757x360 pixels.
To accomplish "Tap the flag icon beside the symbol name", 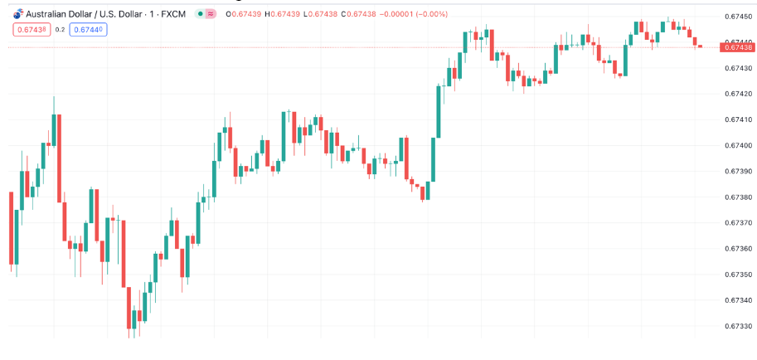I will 18,14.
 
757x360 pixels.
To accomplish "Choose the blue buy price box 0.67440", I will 89,29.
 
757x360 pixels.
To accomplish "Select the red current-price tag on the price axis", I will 737,47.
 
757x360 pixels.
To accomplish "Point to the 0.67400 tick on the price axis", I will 737,145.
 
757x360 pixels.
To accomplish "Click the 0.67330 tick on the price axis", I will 737,326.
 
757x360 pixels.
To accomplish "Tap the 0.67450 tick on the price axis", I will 737,16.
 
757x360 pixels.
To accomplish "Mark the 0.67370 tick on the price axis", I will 737,222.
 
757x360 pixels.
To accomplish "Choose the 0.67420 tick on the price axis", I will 737,94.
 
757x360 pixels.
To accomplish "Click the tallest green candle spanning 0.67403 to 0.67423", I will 440,111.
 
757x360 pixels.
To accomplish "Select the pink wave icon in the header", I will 211,14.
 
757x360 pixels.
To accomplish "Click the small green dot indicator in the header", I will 200,14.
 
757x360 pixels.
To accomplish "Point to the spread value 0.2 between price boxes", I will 60,29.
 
